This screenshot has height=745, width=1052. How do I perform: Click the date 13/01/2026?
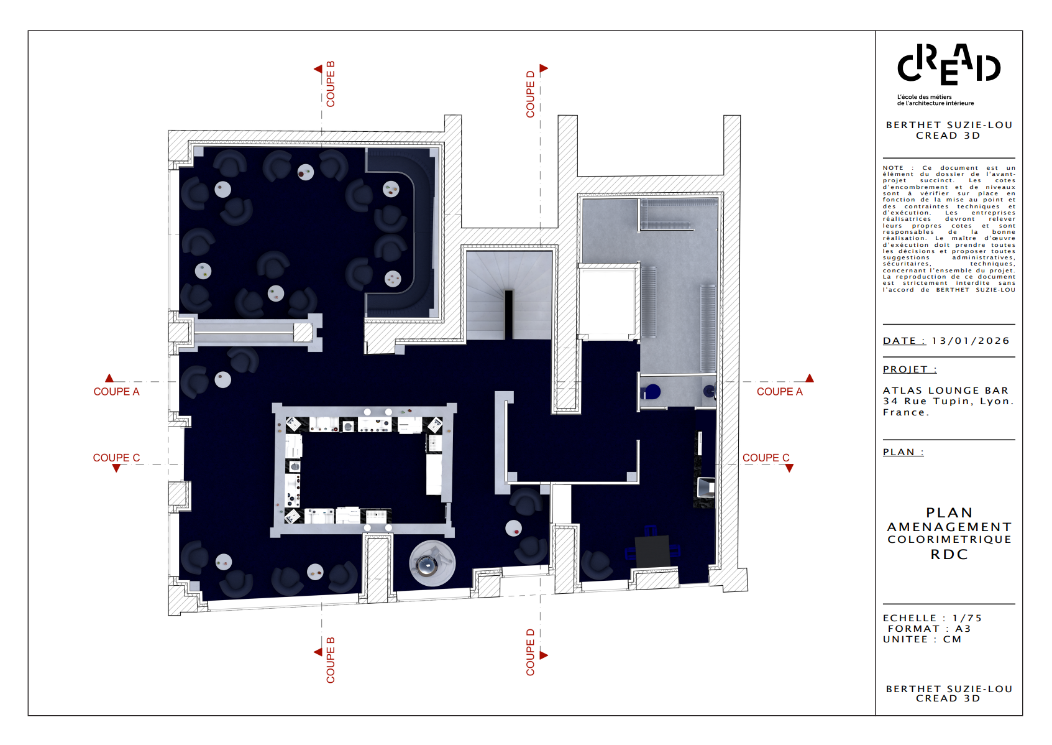971,341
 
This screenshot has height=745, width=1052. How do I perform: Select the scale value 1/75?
967,618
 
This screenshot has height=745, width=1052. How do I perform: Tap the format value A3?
963,629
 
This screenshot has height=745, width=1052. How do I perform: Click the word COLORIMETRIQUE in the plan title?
949,540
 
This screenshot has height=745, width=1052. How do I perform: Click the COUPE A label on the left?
116,392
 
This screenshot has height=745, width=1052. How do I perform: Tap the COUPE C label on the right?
766,458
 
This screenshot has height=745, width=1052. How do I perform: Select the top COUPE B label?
331,84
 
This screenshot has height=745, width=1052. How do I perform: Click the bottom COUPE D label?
530,652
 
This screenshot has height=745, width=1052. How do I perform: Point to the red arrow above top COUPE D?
544,68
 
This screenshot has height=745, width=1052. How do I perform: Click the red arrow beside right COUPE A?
809,378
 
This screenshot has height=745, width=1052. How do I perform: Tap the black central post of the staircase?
509,314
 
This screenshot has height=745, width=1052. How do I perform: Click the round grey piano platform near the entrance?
432,563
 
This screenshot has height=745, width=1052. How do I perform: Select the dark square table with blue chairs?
652,551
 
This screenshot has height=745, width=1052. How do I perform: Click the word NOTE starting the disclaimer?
893,168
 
